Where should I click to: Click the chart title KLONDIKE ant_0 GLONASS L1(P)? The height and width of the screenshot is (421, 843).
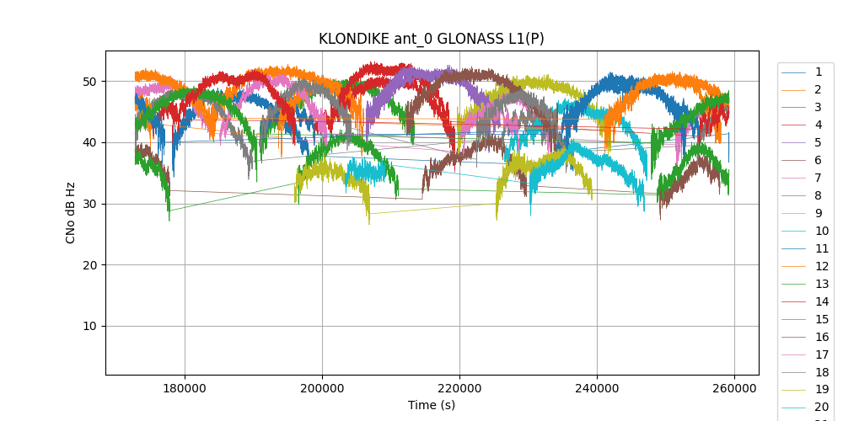[432, 39]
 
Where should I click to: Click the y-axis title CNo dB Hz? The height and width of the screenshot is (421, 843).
[71, 213]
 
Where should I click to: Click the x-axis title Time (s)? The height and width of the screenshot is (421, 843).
[432, 405]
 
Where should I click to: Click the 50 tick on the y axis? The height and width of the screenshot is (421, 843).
[90, 82]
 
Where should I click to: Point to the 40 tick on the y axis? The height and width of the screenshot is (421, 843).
[90, 142]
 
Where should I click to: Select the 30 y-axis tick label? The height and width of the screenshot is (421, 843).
[90, 204]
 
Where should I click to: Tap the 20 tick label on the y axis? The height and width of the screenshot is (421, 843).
[90, 265]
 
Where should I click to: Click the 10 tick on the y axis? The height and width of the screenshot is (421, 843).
[90, 326]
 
